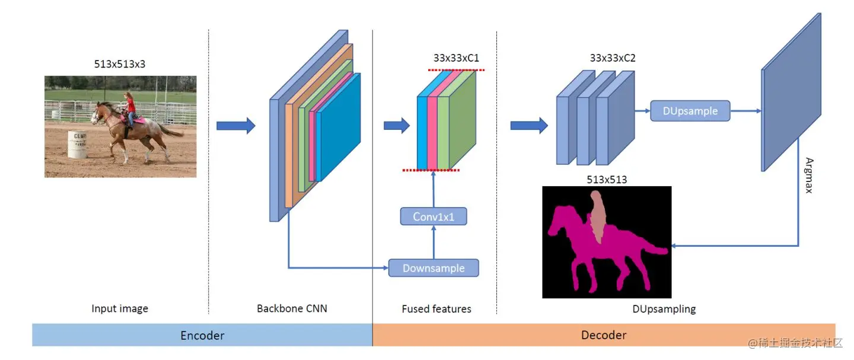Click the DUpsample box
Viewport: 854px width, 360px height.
coord(690,111)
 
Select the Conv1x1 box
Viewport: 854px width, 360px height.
coord(434,216)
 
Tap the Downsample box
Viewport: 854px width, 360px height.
coord(434,268)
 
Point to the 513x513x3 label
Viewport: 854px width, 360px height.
coord(120,64)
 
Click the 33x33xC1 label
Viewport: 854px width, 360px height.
coord(456,58)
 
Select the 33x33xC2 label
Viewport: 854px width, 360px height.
coord(613,58)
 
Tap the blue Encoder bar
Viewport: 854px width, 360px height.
coord(202,335)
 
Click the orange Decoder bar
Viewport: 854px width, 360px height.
coord(604,335)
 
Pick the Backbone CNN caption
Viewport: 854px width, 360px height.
coord(292,308)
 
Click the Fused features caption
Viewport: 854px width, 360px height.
coord(436,308)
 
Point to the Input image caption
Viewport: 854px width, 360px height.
coord(120,308)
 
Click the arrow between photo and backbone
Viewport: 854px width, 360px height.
coord(235,126)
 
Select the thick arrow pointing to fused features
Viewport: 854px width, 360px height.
coord(397,126)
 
